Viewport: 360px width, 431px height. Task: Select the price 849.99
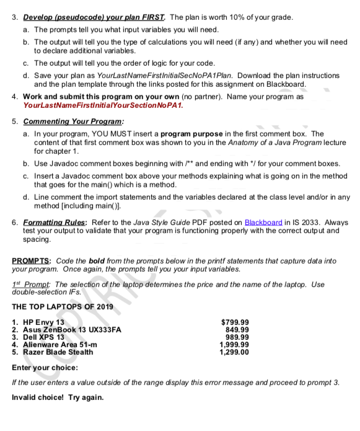pos(237,329)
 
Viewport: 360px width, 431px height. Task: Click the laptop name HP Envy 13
pos(42,322)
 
